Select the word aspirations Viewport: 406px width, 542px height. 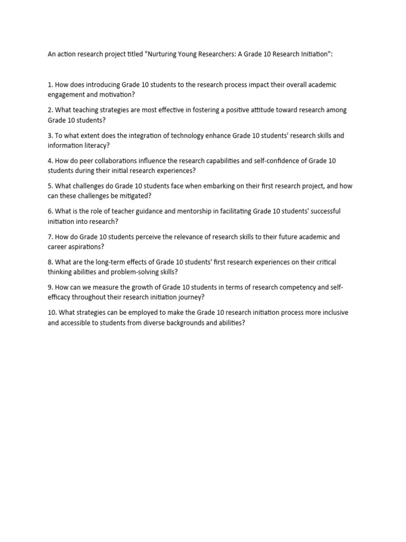click(x=88, y=247)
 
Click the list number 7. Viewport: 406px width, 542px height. click(x=50, y=237)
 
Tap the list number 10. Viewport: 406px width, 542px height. click(x=52, y=313)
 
